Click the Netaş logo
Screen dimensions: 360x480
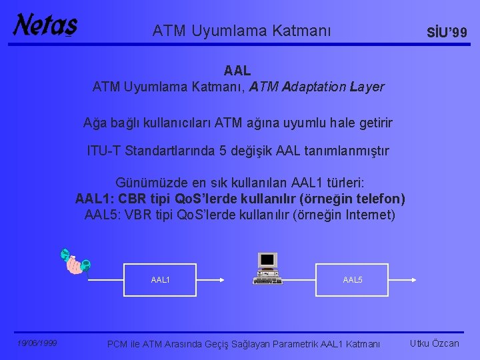[x=45, y=26]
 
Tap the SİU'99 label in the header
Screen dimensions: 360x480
[x=446, y=33]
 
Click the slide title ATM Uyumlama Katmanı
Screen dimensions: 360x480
[x=241, y=31]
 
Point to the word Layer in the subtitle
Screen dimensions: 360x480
[x=367, y=87]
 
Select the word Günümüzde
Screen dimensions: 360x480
[x=149, y=183]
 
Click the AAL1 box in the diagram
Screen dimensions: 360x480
[x=161, y=280]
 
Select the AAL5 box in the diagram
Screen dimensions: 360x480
[x=353, y=280]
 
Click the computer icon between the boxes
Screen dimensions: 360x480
[x=268, y=268]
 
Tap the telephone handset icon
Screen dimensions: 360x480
[x=75, y=263]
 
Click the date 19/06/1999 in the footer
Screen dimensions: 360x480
[x=37, y=343]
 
